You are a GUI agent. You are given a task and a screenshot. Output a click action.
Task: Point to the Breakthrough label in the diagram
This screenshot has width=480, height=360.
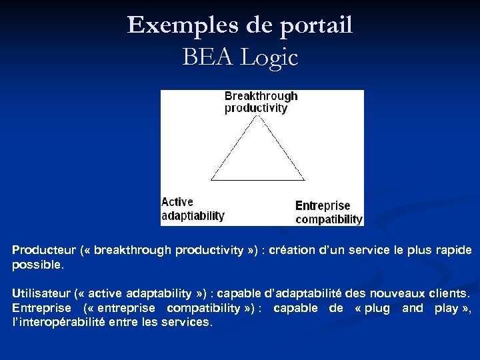261,96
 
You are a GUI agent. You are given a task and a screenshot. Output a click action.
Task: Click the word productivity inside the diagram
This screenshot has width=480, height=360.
255,108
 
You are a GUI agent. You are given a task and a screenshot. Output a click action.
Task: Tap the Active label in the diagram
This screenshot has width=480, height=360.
177,202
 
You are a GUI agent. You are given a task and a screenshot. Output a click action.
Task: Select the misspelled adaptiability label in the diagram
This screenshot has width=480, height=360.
193,216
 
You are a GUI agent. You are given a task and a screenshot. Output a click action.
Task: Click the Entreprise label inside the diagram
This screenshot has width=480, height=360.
323,206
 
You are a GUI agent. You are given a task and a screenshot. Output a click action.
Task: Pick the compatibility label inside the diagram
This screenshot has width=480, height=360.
329,219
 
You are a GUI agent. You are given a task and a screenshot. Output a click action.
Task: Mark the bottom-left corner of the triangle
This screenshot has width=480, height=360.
211,180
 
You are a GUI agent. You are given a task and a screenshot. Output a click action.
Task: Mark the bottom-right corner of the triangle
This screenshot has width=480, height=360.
305,180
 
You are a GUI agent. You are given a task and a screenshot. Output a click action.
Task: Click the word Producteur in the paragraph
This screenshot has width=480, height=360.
43,250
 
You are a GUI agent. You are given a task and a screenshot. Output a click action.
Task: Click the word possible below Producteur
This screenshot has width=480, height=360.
37,264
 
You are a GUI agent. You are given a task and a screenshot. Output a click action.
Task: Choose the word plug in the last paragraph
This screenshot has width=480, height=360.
377,307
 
